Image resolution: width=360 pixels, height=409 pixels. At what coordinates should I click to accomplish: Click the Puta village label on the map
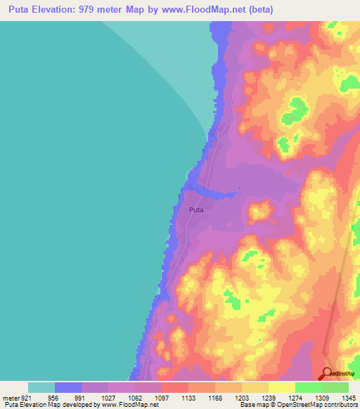pos(197,209)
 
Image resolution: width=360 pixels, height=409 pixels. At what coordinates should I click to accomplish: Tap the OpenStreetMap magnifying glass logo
pos(327,374)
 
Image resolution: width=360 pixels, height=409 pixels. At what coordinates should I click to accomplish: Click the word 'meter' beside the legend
pos(10,397)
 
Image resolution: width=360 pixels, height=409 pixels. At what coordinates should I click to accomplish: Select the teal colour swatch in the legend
pos(41,387)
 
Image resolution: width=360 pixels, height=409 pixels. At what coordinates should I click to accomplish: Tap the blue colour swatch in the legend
pos(68,387)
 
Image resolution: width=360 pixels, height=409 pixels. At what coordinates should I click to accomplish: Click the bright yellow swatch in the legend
pos(282,387)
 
